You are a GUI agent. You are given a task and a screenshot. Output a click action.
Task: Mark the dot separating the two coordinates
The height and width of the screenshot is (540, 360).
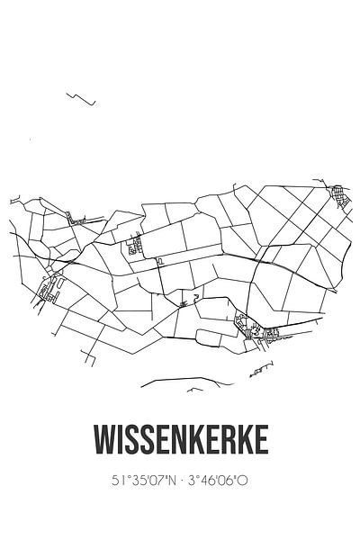point(181,481)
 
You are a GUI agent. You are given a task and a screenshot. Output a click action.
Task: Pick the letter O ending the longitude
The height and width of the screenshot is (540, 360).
point(245,481)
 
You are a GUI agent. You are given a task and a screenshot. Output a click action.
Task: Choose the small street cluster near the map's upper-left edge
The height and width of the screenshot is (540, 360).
point(75,216)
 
